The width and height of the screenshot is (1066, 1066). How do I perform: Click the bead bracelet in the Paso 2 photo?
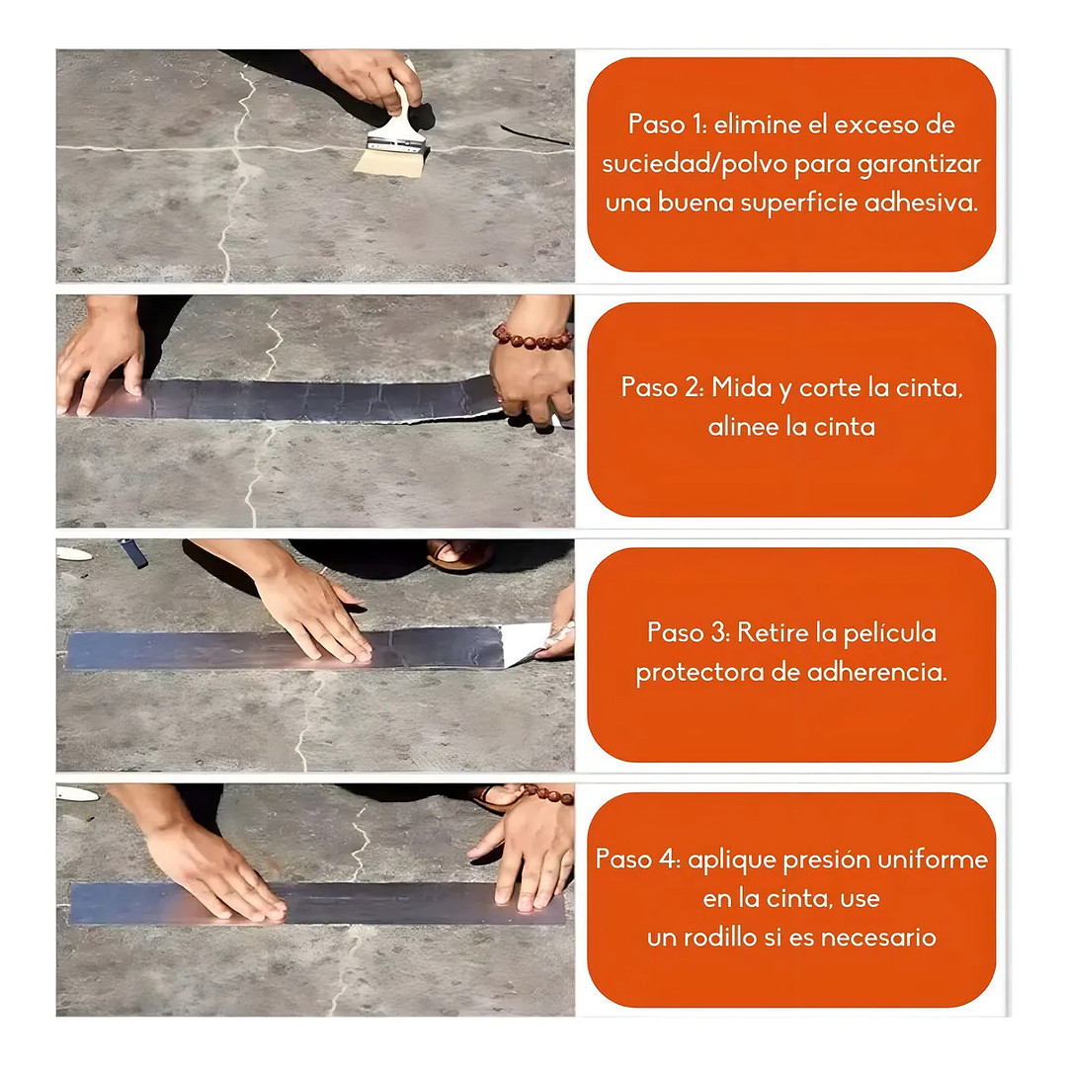[533, 339]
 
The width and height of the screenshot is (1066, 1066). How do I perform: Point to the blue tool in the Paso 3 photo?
[133, 552]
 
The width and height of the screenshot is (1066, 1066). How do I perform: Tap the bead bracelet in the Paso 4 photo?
[549, 793]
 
